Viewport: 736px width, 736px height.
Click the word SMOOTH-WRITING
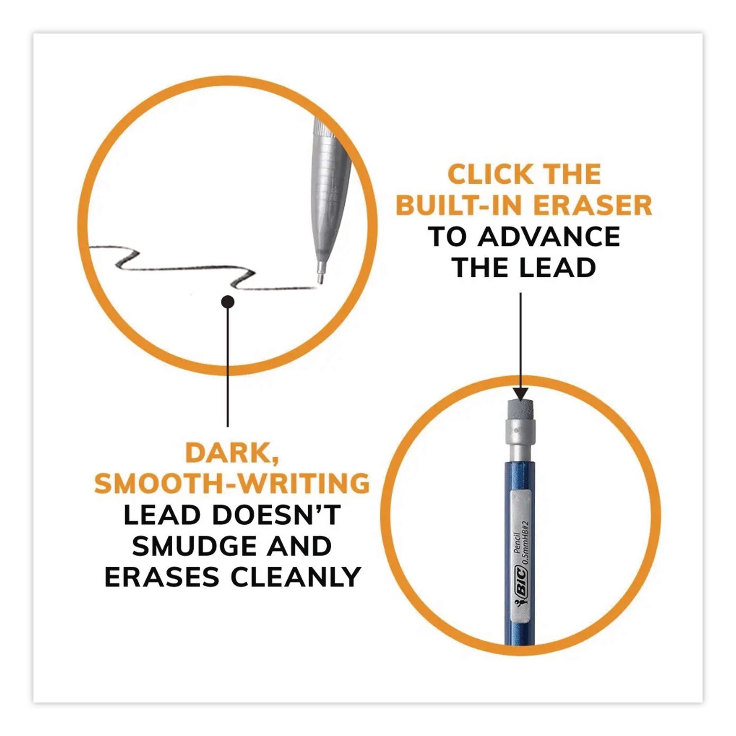pyautogui.click(x=232, y=483)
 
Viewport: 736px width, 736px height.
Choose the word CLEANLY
pyautogui.click(x=296, y=577)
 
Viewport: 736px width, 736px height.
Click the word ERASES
pyautogui.click(x=164, y=577)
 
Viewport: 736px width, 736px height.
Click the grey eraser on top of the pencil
pyautogui.click(x=520, y=409)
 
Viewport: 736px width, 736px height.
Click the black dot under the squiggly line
pyautogui.click(x=227, y=302)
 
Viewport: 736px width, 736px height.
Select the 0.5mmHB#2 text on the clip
pyautogui.click(x=524, y=542)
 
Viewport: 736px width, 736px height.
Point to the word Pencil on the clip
pyautogui.click(x=516, y=543)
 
